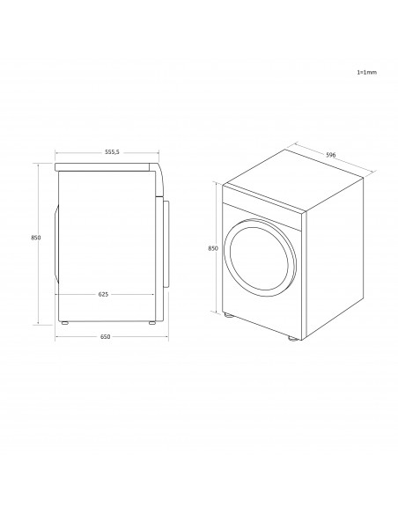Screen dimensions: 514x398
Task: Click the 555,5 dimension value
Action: coord(112,151)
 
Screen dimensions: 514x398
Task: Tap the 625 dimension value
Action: coord(103,294)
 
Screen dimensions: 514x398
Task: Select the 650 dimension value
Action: coord(106,338)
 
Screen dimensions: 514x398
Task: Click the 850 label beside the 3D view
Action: coord(212,249)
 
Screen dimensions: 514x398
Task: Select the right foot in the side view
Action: coord(152,323)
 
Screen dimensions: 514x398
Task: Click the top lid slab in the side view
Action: coord(104,165)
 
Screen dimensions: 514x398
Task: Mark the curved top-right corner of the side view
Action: coord(158,170)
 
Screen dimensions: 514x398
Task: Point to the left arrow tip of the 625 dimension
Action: coord(56,294)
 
